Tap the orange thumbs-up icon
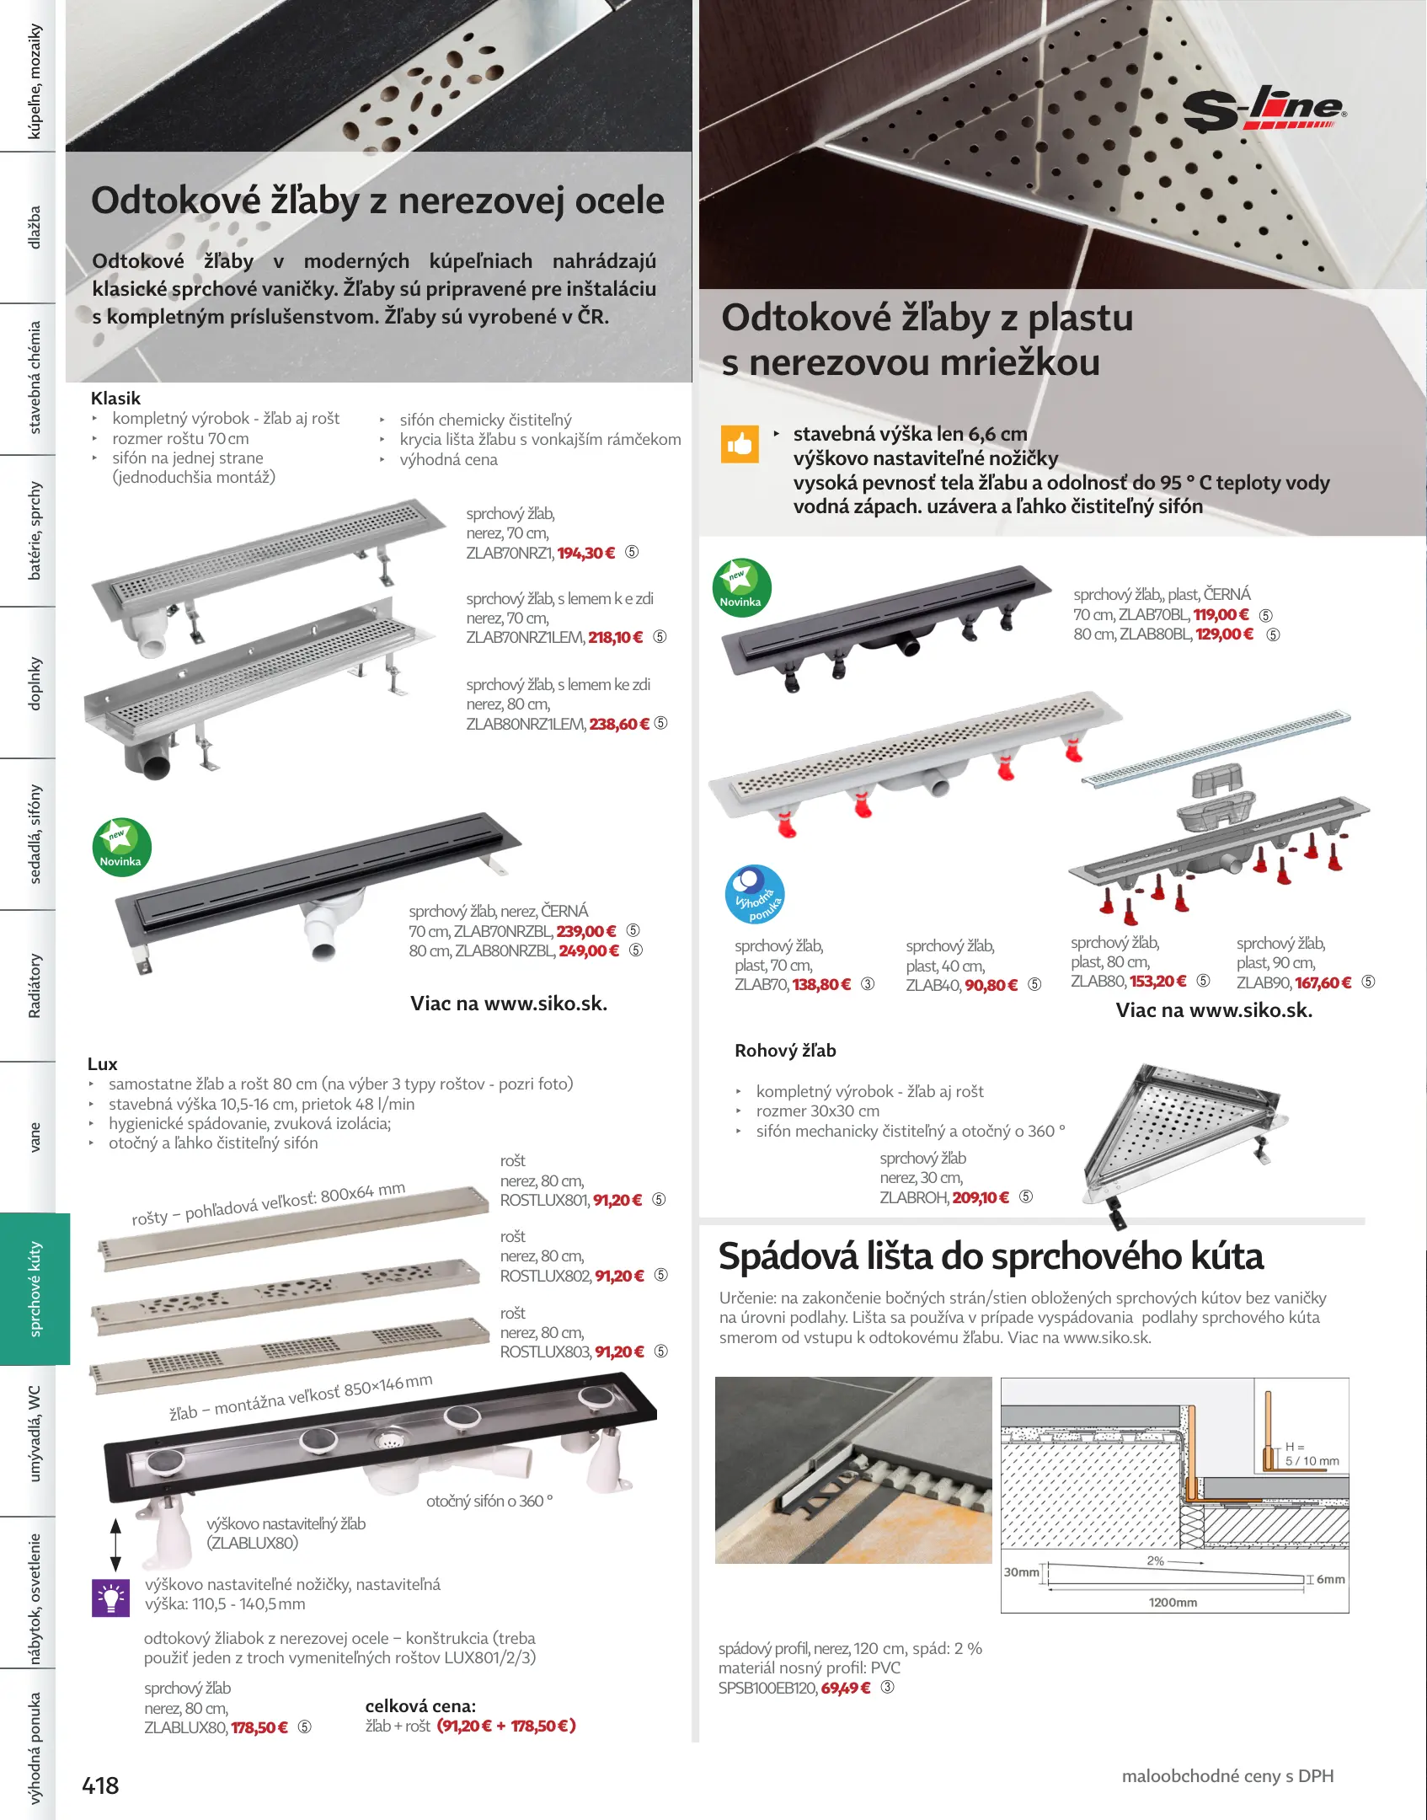(739, 443)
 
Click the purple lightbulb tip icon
(110, 1597)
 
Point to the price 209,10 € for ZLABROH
(981, 1197)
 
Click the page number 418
(100, 1785)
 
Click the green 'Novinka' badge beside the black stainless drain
(121, 848)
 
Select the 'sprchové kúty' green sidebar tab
(35, 1288)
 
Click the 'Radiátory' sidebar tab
(35, 985)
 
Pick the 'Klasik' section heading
(115, 399)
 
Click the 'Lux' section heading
(102, 1064)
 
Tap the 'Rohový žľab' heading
(784, 1051)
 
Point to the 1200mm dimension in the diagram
(1173, 1602)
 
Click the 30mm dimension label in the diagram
(1021, 1571)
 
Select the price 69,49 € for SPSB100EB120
(846, 1688)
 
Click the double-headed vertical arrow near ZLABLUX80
(116, 1544)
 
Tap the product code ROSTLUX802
(545, 1276)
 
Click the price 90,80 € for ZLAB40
(991, 985)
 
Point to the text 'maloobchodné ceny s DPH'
(1227, 1775)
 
